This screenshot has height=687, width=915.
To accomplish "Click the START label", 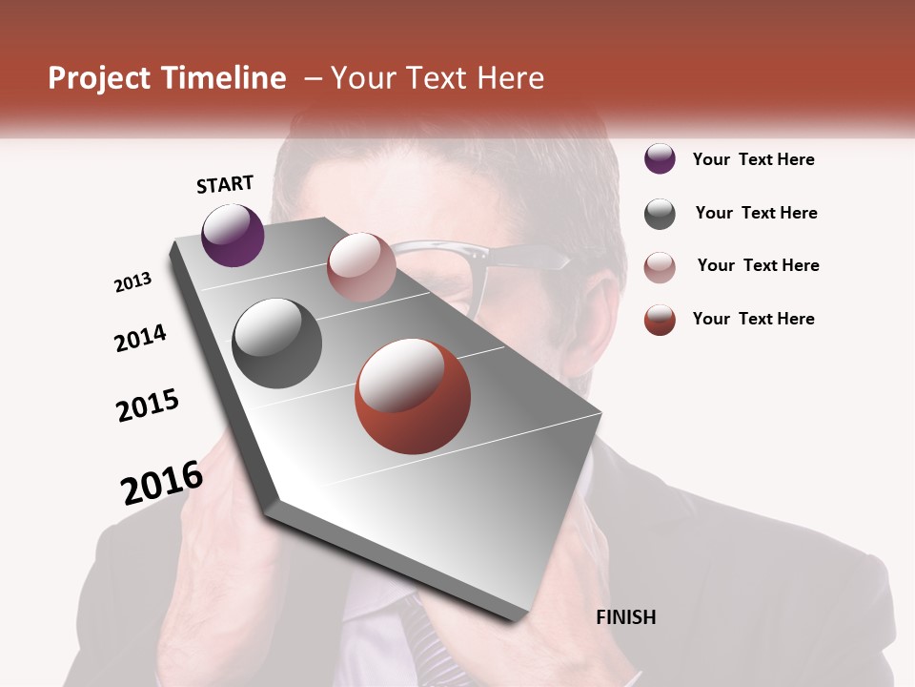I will (225, 184).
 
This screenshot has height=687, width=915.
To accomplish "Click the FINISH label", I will (625, 617).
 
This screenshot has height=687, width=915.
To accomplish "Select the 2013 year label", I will (132, 282).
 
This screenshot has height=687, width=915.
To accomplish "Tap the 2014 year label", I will (140, 338).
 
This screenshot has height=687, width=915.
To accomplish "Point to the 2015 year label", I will (148, 406).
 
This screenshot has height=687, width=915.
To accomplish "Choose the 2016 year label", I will (162, 482).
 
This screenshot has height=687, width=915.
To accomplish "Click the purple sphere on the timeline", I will (233, 235).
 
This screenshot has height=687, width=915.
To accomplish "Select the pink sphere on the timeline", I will (361, 267).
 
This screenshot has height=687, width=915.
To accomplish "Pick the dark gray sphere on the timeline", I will (277, 343).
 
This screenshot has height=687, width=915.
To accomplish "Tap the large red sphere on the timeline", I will (413, 396).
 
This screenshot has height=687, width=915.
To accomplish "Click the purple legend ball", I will (660, 159).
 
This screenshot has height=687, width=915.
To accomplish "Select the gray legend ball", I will (660, 214).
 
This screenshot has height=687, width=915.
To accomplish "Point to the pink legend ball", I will (660, 267).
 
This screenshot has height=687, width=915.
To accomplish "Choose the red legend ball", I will (660, 320).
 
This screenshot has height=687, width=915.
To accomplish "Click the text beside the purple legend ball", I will (753, 159).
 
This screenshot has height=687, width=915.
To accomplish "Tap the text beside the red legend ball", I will (753, 319).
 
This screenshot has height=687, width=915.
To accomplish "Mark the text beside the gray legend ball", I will (756, 213).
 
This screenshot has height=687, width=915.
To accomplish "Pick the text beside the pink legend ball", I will (758, 265).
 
